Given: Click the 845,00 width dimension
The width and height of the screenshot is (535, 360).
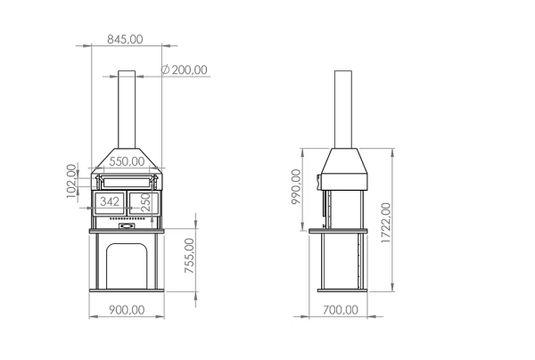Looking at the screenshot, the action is click(125, 39).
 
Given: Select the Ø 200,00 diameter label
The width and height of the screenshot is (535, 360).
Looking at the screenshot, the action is click(185, 70).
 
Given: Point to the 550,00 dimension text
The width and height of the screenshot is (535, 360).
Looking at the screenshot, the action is click(127, 161).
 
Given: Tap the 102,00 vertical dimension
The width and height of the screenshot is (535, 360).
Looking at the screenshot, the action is click(71, 181).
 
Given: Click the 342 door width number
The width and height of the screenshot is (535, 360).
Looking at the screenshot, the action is click(110, 201).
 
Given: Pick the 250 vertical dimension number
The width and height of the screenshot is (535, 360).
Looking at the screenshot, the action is click(145, 202).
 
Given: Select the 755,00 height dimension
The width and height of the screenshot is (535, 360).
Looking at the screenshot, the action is click(189, 256).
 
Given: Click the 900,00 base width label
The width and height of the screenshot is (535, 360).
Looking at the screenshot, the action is click(127, 310).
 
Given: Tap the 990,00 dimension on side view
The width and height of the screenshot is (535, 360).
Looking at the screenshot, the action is click(296, 186).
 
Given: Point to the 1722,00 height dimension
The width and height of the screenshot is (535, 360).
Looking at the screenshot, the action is click(386, 223).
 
